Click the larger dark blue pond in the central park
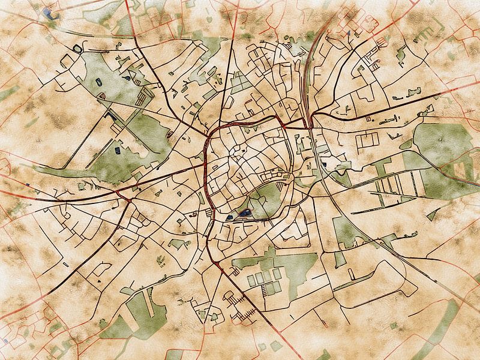[x=244, y=212]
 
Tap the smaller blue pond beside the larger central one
[x=232, y=217]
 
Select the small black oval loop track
[x=77, y=47]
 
